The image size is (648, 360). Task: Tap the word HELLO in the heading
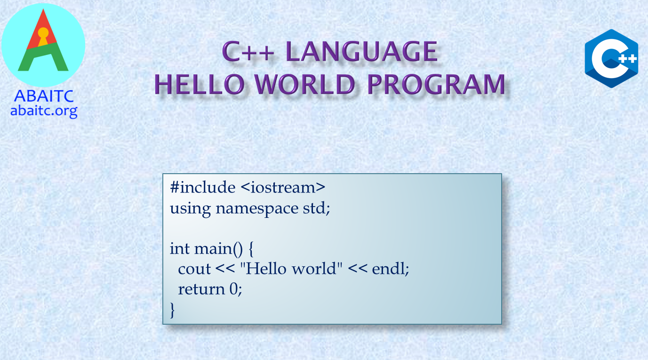coord(200,84)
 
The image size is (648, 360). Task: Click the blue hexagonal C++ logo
coord(611,58)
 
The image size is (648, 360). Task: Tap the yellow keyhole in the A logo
coord(43,36)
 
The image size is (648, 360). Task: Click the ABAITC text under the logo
coord(44,96)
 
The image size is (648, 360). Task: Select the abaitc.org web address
coord(44,111)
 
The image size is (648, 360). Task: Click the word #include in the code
coord(202,187)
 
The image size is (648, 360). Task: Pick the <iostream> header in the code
coord(283,187)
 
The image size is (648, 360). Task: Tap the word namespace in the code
coord(257,208)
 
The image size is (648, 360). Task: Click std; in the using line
coord(317,208)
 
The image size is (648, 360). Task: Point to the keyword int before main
coord(180,248)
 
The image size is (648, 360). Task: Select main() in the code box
coord(218,249)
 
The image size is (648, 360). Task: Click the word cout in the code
coord(194,269)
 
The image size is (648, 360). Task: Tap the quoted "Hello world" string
coord(291,268)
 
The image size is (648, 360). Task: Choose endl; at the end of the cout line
coord(391,269)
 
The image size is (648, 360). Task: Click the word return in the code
coord(201,289)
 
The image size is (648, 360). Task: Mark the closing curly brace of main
coord(172,310)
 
